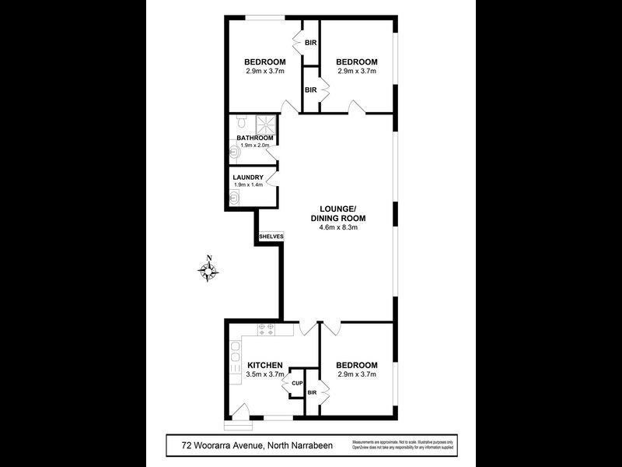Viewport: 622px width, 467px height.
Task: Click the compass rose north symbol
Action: click(x=208, y=270)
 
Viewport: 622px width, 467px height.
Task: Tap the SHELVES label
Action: click(x=271, y=236)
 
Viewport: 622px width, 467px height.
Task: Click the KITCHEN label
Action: click(x=264, y=365)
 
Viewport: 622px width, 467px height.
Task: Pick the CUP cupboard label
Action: click(x=297, y=384)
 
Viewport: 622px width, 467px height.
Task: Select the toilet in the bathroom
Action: click(x=240, y=123)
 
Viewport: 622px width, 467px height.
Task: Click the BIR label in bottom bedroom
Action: click(x=312, y=394)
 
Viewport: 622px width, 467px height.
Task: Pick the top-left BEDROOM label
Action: click(x=265, y=62)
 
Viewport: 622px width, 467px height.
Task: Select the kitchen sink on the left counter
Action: click(x=236, y=357)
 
